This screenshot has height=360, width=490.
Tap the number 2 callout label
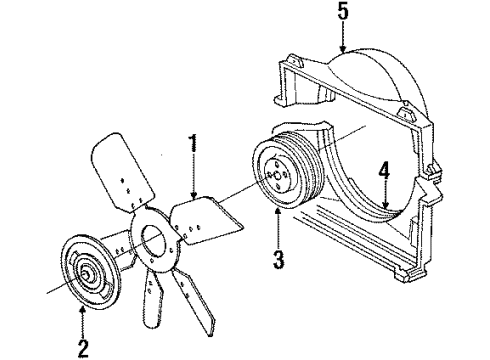(82, 348)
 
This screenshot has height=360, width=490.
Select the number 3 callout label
(279, 262)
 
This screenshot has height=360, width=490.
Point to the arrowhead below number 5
(344, 52)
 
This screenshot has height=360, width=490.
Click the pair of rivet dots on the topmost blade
(122, 184)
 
